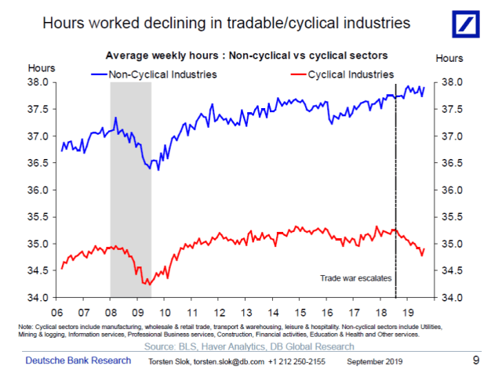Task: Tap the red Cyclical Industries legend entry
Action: [x=348, y=74]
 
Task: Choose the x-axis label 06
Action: [x=60, y=310]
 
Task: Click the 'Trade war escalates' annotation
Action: [x=355, y=278]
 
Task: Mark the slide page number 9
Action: [x=476, y=360]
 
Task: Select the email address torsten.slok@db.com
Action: [x=223, y=361]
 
